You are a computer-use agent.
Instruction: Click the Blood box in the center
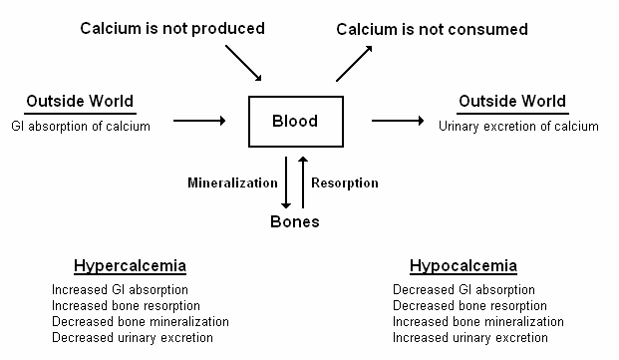pos(295,122)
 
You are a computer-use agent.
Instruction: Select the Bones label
pos(295,221)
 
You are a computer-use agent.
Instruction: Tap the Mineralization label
pos(232,182)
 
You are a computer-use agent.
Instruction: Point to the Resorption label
pos(345,182)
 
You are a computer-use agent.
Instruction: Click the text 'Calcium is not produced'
pos(172,28)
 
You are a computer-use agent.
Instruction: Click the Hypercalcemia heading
pos(130,266)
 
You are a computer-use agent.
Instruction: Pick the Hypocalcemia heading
pos(463,266)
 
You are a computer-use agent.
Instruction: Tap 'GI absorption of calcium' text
pos(81,126)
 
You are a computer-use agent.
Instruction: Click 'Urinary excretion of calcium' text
pos(518,126)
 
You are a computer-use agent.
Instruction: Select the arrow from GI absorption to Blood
pos(199,122)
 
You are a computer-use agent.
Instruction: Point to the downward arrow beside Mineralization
pos(287,180)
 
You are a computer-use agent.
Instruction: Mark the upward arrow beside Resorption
pos(303,180)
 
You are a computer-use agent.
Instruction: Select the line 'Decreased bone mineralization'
pos(140,322)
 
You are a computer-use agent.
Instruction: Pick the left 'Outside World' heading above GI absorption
pos(80,102)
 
